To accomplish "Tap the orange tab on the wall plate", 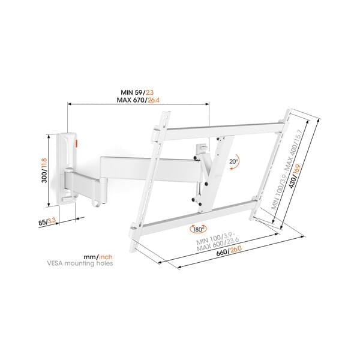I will (x=76, y=142).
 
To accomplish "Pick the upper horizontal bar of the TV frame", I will (x=222, y=128).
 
